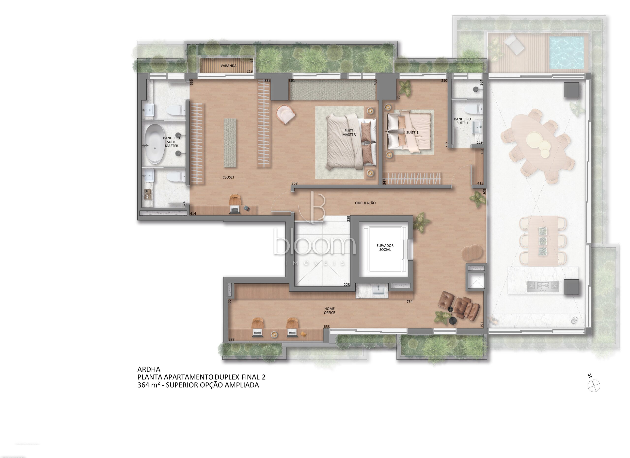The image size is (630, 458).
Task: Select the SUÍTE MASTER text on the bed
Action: pos(349,133)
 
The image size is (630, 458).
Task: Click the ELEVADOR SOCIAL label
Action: pos(385,248)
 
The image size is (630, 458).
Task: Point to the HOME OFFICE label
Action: pos(330,311)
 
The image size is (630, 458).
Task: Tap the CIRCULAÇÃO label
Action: pos(365,203)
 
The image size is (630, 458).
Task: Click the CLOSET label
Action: pos(228,177)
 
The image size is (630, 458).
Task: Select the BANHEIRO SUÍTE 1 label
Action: pos(462,121)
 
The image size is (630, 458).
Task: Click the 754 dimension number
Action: pos(409,302)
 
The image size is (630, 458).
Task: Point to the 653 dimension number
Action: pos(327,326)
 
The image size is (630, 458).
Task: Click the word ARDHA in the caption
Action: pos(149,369)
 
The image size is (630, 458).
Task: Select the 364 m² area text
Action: pos(149,385)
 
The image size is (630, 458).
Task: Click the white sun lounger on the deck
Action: pos(514,50)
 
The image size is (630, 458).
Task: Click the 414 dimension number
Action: pos(193,214)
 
